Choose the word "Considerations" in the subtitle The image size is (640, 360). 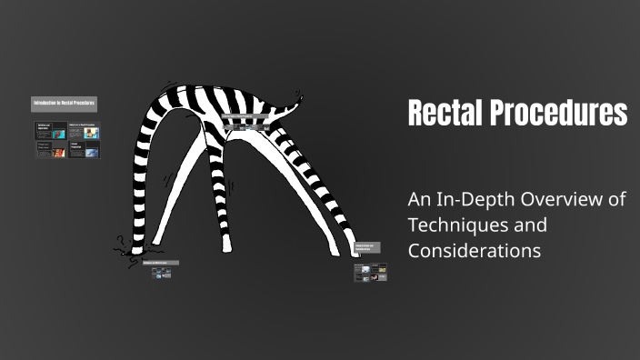475,249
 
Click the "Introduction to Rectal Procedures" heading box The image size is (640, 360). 64,104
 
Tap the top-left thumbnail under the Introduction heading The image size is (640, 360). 49,132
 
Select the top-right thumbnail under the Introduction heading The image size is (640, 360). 84,132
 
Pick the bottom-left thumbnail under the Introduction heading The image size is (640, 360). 49,149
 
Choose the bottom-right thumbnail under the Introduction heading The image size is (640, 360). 84,149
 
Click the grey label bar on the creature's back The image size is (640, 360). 246,117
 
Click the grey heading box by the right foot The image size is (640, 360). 365,247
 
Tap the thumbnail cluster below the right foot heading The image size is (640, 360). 370,273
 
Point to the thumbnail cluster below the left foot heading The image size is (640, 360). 162,274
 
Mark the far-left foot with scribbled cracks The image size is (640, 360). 123,246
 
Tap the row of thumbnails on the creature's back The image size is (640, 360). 246,126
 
